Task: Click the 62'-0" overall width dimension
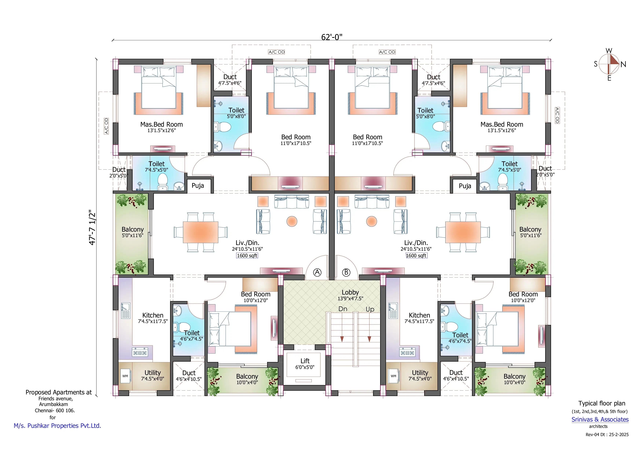332,37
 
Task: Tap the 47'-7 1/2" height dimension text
92,227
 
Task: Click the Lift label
305,361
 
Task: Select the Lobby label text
350,292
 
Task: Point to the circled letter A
317,272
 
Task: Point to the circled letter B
346,272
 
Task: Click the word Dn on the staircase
343,309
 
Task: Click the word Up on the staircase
370,309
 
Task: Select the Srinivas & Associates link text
600,419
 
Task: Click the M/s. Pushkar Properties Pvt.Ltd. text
57,426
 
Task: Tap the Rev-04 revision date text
607,434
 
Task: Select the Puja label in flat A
198,186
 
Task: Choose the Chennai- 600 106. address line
55,410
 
